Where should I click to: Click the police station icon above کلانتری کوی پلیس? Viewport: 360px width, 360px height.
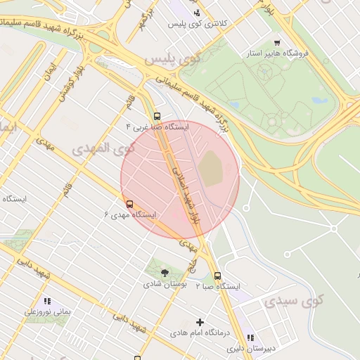(x=197, y=12)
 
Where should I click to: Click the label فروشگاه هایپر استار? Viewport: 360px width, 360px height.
(x=275, y=53)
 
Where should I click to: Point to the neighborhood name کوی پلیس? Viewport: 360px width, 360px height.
(x=168, y=60)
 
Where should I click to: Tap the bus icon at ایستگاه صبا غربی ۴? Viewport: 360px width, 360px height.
(x=156, y=117)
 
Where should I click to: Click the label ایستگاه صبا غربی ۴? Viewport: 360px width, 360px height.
(x=157, y=127)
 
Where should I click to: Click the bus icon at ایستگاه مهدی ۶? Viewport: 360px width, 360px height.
(x=129, y=204)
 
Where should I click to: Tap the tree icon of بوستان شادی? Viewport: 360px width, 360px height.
(x=165, y=273)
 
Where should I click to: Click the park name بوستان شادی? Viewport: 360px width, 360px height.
(x=165, y=284)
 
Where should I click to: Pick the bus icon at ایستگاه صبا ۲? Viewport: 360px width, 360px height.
(x=217, y=276)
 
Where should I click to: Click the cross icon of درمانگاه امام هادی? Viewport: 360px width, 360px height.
(x=200, y=322)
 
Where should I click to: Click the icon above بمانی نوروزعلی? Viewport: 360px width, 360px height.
(x=47, y=301)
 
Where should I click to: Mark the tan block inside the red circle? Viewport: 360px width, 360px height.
(x=210, y=169)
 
